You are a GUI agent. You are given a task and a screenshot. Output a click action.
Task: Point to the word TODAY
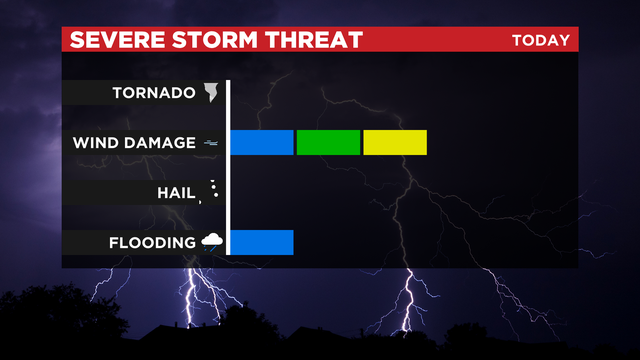[540, 41]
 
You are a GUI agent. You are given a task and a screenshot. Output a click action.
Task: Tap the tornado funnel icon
[211, 93]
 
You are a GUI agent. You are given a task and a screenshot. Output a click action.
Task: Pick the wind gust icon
[211, 143]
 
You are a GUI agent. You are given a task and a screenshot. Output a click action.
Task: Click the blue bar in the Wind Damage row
[262, 143]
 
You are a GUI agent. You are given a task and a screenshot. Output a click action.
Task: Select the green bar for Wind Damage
[328, 143]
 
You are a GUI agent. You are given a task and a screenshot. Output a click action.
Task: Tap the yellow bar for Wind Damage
[395, 143]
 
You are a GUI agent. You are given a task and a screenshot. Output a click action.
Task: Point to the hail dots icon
[212, 190]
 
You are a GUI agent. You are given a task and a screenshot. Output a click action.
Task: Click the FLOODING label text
[152, 243]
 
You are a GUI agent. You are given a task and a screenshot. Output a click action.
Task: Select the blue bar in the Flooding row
[262, 243]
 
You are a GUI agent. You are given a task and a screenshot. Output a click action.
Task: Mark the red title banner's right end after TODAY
[574, 41]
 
